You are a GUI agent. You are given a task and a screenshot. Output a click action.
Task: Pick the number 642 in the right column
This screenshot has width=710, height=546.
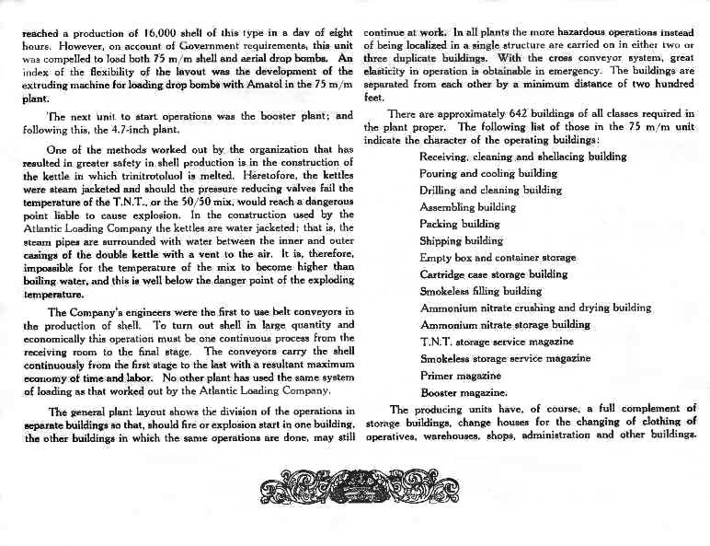pyautogui.click(x=497, y=113)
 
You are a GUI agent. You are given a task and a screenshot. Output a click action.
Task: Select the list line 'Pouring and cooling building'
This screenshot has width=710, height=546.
pyautogui.click(x=487, y=173)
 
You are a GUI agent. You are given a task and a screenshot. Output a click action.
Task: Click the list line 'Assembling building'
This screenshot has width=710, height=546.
pyautogui.click(x=467, y=207)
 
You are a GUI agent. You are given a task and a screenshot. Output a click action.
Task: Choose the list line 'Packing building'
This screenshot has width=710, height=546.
pyautogui.click(x=460, y=224)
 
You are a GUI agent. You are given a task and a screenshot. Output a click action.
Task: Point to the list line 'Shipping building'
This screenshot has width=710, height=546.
pyautogui.click(x=463, y=240)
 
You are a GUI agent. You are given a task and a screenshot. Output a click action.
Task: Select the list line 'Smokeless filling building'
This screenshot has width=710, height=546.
pyautogui.click(x=480, y=291)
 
